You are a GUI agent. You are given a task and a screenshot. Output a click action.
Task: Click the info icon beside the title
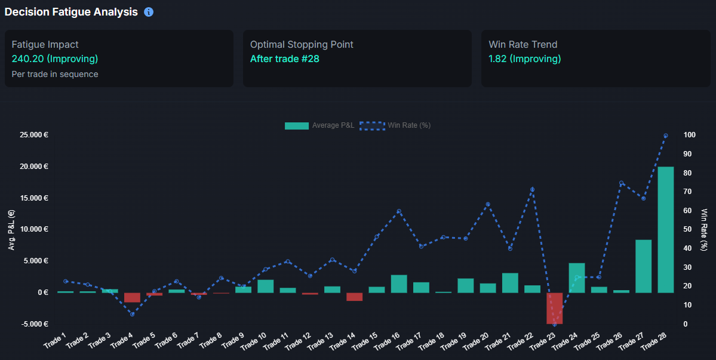click(149, 12)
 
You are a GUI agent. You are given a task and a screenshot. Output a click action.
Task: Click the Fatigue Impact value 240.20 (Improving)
click(55, 59)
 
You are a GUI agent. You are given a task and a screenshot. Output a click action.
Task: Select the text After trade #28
click(285, 59)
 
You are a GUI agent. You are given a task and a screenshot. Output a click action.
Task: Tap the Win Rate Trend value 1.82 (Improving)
click(524, 59)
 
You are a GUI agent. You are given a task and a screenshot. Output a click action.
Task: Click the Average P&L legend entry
click(319, 125)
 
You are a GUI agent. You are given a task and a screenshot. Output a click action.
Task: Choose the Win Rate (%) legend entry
click(395, 125)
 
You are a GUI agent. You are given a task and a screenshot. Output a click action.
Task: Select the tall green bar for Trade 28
click(666, 230)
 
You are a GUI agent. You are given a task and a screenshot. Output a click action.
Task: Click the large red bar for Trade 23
click(554, 308)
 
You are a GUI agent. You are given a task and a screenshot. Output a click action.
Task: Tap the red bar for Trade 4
click(132, 297)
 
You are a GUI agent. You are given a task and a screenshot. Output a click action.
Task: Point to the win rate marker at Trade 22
click(532, 189)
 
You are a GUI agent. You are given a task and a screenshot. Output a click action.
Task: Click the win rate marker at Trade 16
click(399, 211)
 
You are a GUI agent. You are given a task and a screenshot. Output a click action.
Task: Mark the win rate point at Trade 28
click(666, 136)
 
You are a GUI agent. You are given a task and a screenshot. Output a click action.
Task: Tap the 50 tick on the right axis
click(687, 229)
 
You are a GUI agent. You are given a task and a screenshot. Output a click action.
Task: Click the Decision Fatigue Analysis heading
click(71, 12)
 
